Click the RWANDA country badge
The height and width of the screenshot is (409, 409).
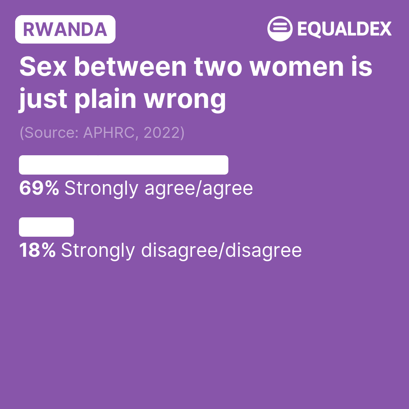coord(65,29)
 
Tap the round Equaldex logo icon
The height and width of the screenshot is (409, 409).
coord(280,29)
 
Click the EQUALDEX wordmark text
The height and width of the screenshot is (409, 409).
coord(345,29)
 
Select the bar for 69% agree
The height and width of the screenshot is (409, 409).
coord(123,165)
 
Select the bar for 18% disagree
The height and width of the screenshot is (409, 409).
coord(47,227)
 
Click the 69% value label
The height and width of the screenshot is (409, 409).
coord(39,188)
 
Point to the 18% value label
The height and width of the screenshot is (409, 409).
coord(37,250)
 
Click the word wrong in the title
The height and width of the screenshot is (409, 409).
coord(185,100)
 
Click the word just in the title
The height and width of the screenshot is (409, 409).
coord(43,100)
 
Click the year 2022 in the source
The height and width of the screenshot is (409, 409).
coord(162,133)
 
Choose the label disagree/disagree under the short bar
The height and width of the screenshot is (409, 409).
coord(222,250)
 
